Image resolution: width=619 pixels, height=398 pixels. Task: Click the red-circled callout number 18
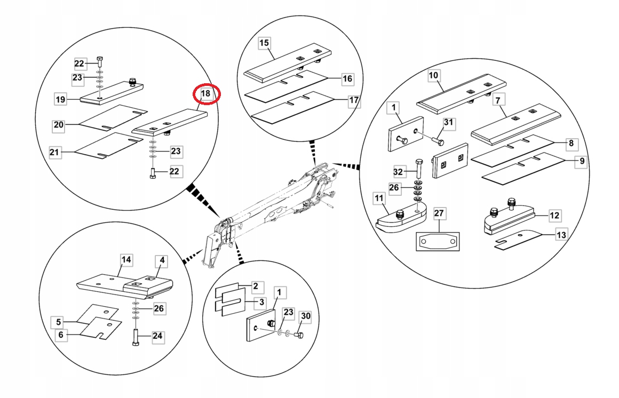206,94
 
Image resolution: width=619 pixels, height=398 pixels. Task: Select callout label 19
60,99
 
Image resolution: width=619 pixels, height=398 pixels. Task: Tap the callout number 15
265,43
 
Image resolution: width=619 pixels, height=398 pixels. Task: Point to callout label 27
439,214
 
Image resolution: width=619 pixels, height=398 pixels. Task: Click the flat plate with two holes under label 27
438,242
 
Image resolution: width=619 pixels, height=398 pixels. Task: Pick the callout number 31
448,123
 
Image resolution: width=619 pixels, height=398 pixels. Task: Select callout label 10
433,76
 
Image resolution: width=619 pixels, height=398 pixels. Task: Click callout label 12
554,216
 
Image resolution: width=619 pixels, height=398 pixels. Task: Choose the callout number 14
126,260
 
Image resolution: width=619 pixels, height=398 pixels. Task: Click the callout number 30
305,316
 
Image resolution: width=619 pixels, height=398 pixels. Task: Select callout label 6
60,335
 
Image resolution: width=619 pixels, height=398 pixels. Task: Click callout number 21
54,153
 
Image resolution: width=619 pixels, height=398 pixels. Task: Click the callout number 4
162,261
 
